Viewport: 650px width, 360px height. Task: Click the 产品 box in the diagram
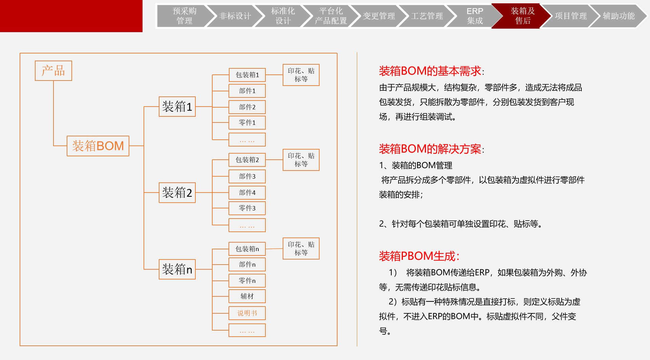53,71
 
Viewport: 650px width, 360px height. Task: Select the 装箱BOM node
98,146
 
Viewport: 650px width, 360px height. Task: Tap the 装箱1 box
177,107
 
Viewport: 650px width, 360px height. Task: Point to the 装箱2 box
177,193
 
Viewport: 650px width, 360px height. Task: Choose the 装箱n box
177,269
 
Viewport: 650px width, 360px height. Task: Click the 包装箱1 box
247,75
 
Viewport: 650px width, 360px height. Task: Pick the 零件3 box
247,208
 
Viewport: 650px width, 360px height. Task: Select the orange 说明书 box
247,313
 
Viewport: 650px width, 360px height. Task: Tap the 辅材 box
247,296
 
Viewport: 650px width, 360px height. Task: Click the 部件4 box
247,193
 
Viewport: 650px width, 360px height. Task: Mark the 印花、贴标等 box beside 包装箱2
301,160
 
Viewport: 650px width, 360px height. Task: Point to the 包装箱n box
247,249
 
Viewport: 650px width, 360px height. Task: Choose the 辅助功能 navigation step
618,16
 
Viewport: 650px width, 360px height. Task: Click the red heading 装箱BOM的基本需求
430,71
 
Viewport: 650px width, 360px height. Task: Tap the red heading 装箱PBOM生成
418,256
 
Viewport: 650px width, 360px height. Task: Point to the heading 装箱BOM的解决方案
430,149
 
